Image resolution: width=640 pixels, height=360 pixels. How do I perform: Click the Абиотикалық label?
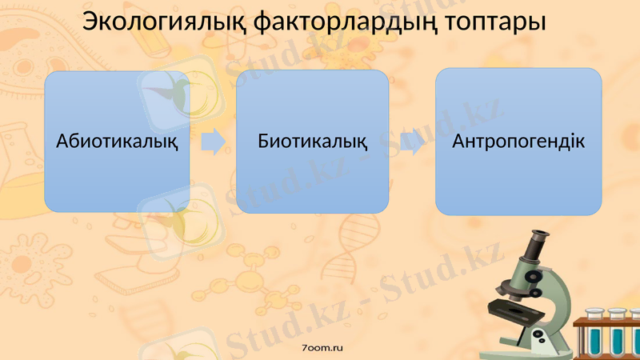[117, 142]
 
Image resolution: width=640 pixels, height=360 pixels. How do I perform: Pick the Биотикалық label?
[313, 142]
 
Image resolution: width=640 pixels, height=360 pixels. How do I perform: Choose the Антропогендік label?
[518, 142]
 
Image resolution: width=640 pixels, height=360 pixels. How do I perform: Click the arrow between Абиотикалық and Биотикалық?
[212, 142]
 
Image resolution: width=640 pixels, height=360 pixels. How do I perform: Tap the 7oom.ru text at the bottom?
[319, 349]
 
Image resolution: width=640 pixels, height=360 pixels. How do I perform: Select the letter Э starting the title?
[90, 22]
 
